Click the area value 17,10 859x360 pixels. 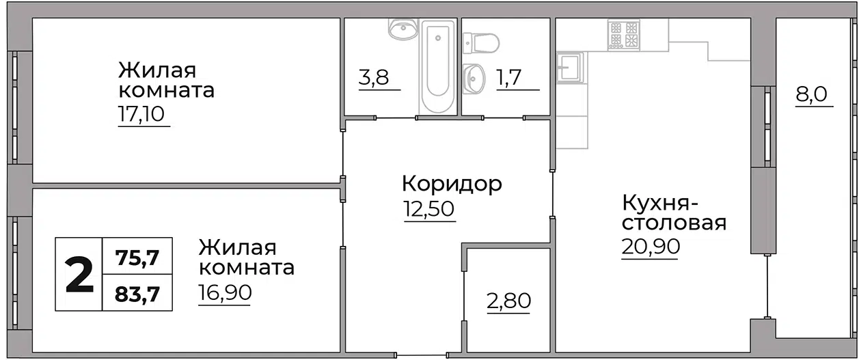(x=141, y=114)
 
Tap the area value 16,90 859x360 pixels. (x=225, y=292)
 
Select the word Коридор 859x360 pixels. (x=452, y=184)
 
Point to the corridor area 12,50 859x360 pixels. (x=428, y=209)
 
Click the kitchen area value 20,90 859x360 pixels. (x=651, y=247)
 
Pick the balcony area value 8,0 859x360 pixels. (x=811, y=94)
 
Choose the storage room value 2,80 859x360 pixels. (x=508, y=301)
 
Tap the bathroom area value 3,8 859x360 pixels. (x=374, y=77)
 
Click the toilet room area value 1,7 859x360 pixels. (x=508, y=77)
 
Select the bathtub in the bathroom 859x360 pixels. (x=438, y=66)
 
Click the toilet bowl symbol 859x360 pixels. (x=481, y=43)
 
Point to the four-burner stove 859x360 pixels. (x=623, y=35)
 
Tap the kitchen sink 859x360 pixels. (x=570, y=68)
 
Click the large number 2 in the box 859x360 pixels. (x=79, y=275)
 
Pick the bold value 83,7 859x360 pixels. (x=137, y=294)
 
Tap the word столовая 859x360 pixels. (x=674, y=223)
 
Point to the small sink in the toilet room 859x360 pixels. (x=474, y=79)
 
